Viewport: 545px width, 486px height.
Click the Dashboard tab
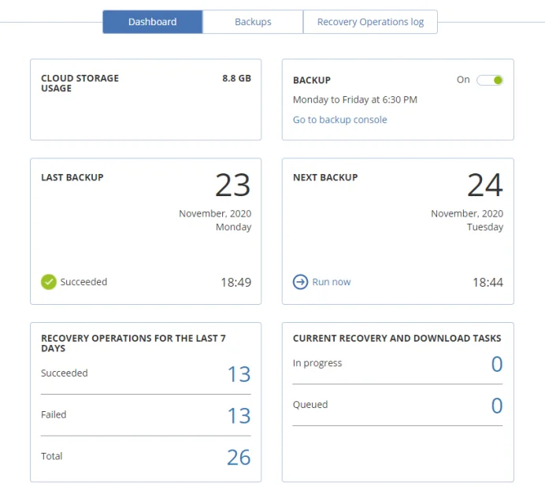point(152,22)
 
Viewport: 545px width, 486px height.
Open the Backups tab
point(253,22)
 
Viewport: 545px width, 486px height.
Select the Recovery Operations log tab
point(370,22)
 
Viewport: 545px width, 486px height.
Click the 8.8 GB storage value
point(236,79)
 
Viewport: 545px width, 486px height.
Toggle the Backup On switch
point(490,80)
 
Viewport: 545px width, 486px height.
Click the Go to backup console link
point(339,120)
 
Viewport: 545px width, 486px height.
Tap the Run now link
point(331,282)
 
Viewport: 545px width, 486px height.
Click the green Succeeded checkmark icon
point(49,282)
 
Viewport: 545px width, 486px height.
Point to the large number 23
point(232,185)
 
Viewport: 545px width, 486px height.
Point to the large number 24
point(484,185)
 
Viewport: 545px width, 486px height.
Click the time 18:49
point(235,282)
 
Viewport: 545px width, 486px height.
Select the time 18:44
point(488,282)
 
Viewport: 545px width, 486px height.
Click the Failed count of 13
point(239,415)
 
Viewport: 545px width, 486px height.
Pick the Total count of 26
point(239,457)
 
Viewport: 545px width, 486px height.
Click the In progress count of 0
point(496,364)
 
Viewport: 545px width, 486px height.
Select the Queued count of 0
point(496,406)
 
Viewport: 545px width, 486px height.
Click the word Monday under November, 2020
point(233,227)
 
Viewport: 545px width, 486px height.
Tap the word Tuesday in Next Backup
point(484,227)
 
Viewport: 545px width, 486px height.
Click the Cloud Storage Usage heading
point(80,83)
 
